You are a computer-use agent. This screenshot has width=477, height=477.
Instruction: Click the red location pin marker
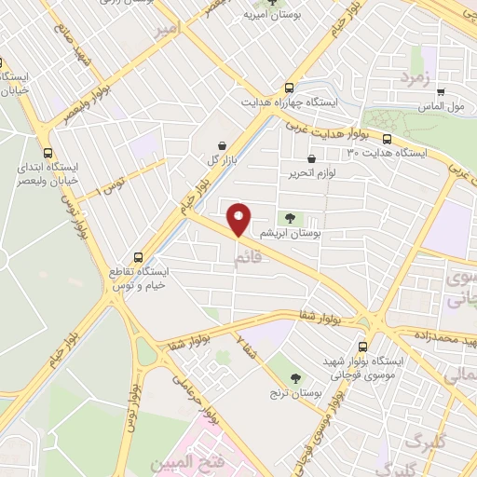239,219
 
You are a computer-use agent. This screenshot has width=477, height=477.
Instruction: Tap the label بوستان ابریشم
290,235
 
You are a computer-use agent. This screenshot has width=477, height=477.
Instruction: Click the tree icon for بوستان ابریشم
290,219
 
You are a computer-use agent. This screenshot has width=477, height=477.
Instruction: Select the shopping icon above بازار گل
222,145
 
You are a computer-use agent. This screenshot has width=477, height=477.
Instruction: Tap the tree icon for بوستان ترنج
295,378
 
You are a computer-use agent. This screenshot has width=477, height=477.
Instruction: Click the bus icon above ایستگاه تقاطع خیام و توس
139,256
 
